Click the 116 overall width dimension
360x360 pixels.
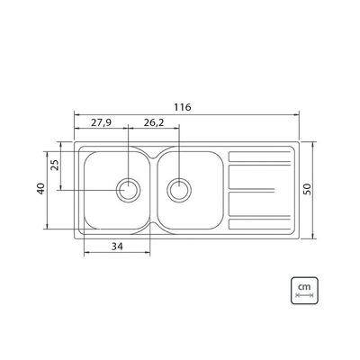point(183,107)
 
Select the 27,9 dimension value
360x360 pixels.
point(102,122)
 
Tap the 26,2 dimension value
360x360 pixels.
point(154,122)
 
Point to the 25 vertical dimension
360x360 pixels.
point(55,165)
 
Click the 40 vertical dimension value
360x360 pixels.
point(41,188)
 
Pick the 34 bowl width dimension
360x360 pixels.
point(117,247)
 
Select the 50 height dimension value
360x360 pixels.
point(308,189)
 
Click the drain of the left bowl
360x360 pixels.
point(128,190)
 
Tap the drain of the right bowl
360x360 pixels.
point(179,190)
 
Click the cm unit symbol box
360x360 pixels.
point(304,291)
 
